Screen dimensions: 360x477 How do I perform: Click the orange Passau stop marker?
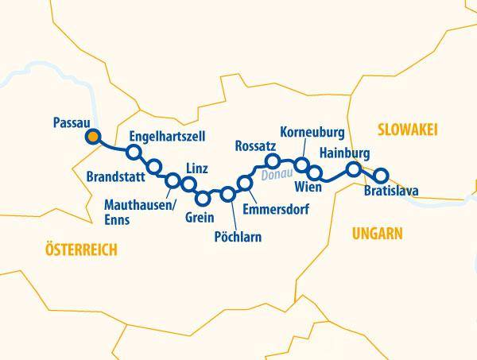coord(94,137)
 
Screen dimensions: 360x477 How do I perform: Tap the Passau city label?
coord(70,122)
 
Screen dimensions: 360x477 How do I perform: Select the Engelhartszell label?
coord(167,136)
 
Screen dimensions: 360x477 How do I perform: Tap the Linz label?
coord(196,168)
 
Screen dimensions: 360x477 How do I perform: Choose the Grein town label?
coord(200,215)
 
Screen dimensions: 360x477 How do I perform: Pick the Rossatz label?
coord(255,145)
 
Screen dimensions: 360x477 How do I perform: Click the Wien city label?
coord(307,188)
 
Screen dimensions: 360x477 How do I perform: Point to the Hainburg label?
coord(343,152)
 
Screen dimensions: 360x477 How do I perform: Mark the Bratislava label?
coord(390,192)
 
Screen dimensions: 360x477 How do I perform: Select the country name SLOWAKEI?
coord(409,130)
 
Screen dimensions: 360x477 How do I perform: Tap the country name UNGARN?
coord(377,233)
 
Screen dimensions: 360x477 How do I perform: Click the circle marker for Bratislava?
coord(381,176)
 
